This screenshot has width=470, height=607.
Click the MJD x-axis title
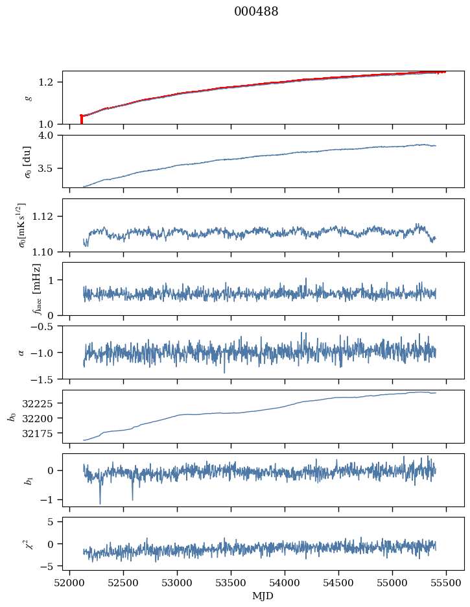[263, 596]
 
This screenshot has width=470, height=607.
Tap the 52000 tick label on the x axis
[70, 583]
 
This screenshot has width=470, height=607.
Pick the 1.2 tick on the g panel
[51, 82]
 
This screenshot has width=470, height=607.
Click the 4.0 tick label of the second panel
[51, 136]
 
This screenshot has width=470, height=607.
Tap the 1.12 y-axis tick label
[49, 217]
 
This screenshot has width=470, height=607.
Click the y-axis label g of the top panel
[28, 97]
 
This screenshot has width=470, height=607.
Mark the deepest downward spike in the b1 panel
[100, 503]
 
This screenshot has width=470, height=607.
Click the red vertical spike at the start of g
[81, 119]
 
